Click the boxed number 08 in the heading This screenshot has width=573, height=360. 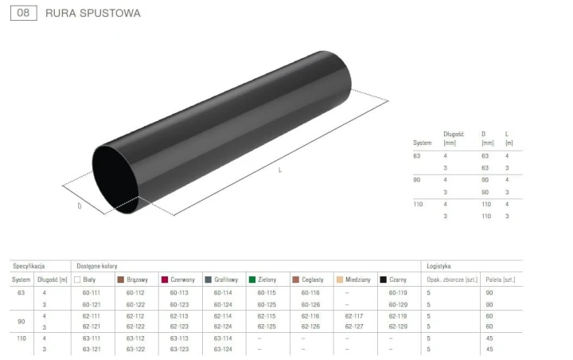23,13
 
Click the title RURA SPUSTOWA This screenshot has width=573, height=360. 93,14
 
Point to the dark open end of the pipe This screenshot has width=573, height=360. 115,179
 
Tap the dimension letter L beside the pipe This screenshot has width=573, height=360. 280,170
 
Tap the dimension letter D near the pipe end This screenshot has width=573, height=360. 80,206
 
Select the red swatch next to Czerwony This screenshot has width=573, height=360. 165,280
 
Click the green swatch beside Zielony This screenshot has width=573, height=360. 252,280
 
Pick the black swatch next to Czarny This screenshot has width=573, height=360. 384,280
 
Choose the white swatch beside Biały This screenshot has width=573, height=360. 77,280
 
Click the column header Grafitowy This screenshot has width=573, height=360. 226,280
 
